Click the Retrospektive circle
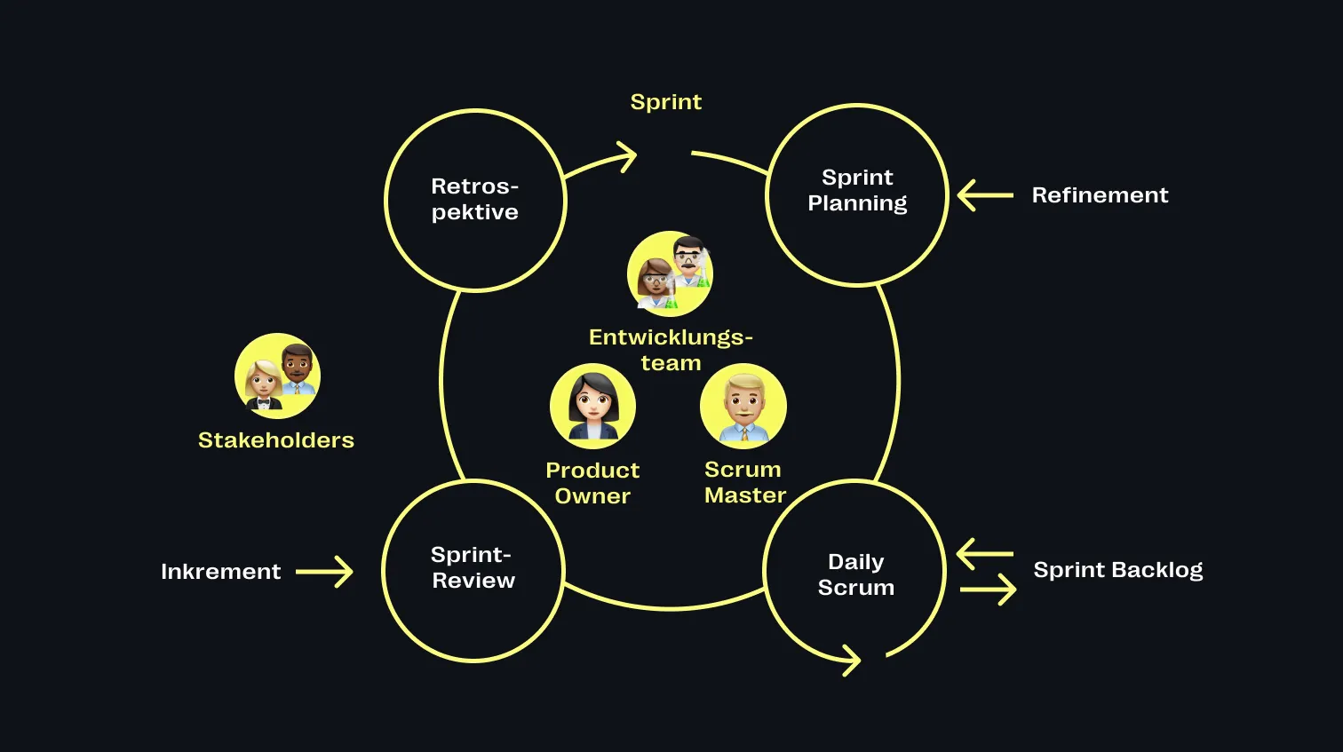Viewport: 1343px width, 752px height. click(x=475, y=200)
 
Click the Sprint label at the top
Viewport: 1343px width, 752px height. click(x=666, y=102)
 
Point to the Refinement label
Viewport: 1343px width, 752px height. click(x=1100, y=195)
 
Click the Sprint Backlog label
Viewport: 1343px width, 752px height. click(x=1117, y=570)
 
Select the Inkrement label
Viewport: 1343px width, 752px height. click(x=220, y=572)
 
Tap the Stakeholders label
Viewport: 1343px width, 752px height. click(x=275, y=440)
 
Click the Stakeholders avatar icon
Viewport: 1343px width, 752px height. click(x=277, y=376)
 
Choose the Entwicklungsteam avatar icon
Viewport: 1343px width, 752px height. click(x=671, y=273)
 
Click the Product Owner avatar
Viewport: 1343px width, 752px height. click(x=592, y=407)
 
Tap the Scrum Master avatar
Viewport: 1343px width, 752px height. click(x=743, y=407)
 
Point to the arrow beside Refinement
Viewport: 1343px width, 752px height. click(x=985, y=195)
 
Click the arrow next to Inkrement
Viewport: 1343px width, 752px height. click(x=324, y=572)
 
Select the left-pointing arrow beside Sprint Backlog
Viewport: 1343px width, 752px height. click(x=985, y=554)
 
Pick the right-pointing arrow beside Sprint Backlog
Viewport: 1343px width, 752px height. click(x=988, y=589)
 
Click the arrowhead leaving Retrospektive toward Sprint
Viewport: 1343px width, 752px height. click(x=627, y=157)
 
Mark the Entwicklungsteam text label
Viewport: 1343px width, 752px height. click(x=671, y=350)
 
